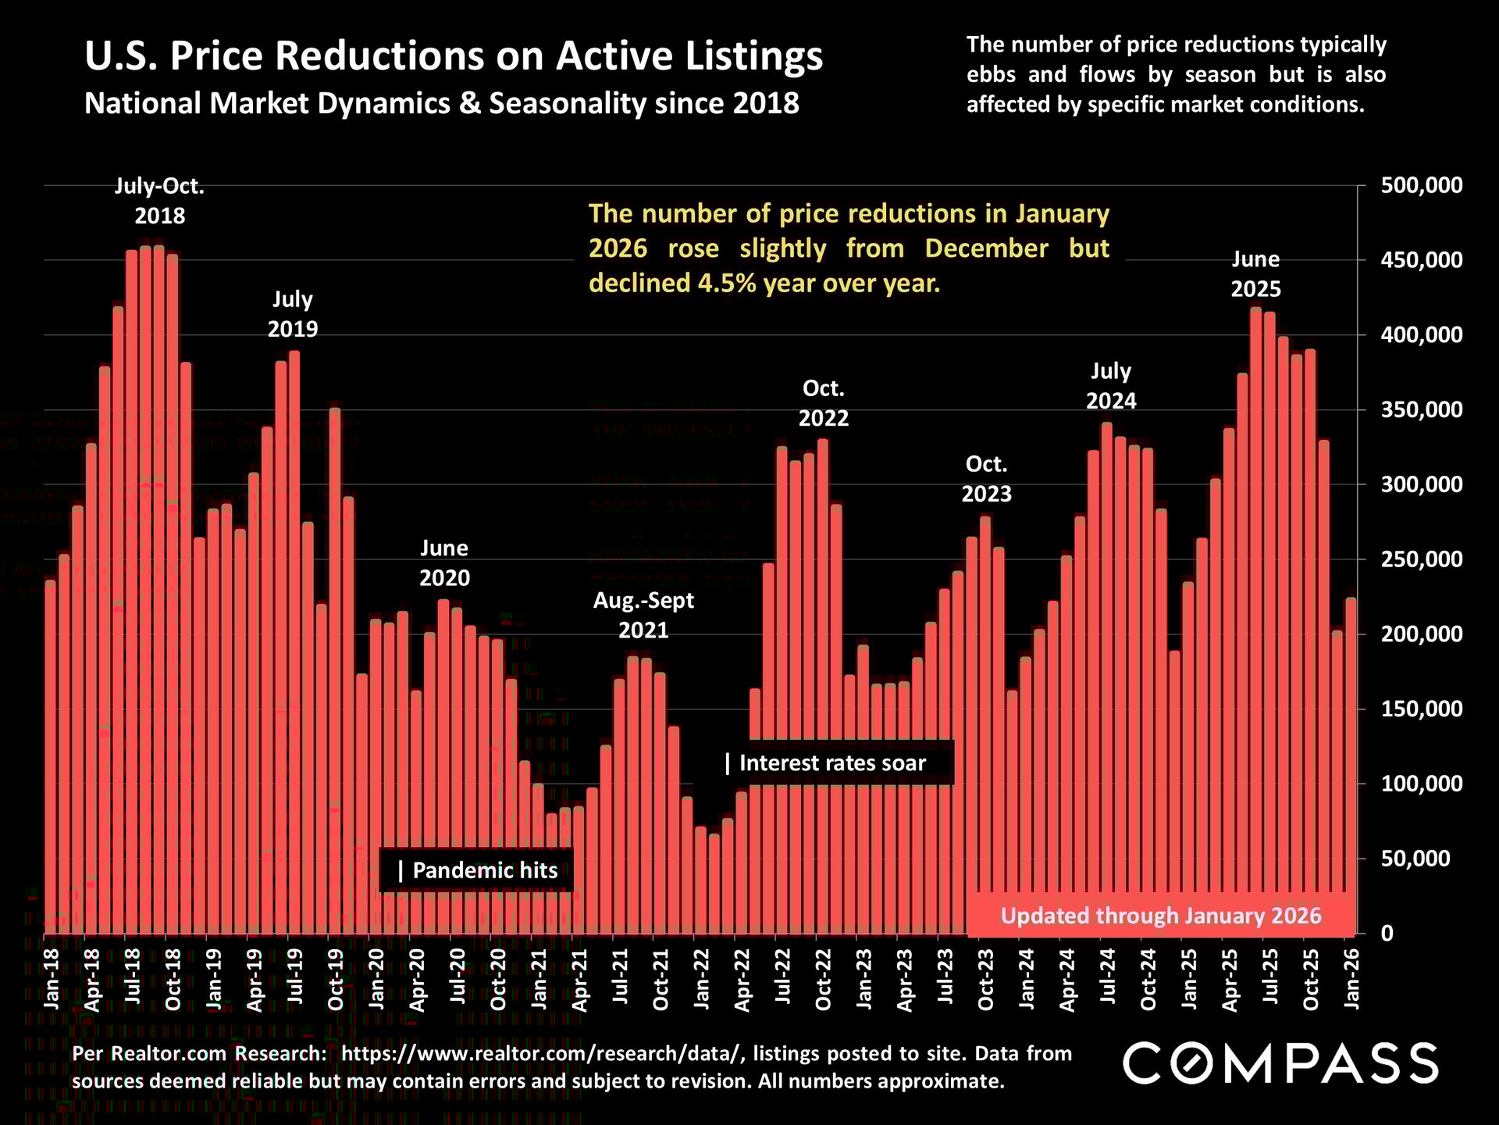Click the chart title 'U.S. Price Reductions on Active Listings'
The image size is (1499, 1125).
454,56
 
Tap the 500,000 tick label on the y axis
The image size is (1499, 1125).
1421,186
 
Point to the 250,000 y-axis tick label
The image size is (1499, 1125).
1421,559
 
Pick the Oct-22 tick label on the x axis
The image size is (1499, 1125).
823,980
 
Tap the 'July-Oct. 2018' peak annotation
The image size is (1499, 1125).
160,201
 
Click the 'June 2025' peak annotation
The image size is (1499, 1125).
1255,274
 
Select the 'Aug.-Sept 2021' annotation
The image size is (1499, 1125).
643,615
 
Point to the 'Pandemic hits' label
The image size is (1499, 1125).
477,870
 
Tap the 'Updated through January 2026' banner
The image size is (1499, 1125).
1161,916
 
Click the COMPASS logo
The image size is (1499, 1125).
1280,1063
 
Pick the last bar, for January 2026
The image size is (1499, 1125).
1351,766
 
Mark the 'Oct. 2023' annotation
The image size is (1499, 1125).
986,479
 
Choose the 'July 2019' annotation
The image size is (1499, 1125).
293,313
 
